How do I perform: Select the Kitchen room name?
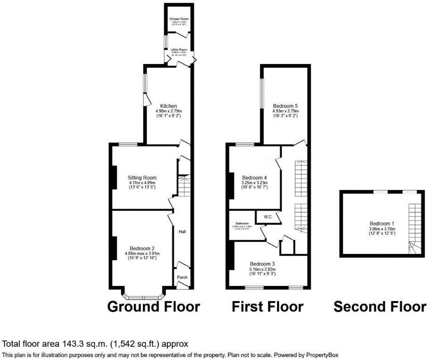point(168,106)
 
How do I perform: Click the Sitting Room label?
point(142,178)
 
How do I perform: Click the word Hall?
point(182,232)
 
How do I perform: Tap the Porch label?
point(182,277)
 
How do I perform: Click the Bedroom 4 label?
point(255,178)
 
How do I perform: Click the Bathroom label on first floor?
point(242,223)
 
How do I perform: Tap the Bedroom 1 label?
point(382,224)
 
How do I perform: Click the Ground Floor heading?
point(154,307)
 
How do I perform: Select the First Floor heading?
point(267,307)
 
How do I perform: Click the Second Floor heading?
point(380,307)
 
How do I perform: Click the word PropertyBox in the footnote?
point(322,354)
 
